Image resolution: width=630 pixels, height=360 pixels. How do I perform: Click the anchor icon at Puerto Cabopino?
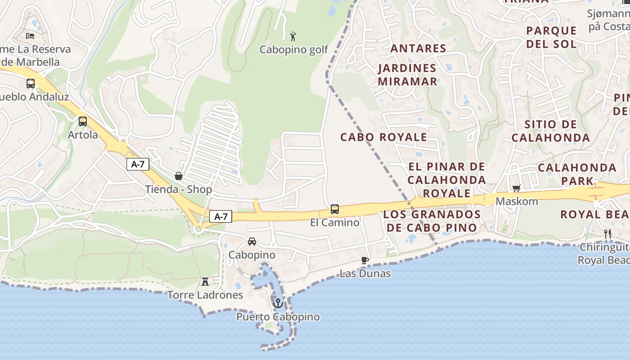[x=278, y=303]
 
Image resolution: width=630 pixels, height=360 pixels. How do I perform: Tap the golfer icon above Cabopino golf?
[x=293, y=36]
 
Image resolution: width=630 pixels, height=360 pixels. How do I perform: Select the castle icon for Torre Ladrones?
[x=205, y=282]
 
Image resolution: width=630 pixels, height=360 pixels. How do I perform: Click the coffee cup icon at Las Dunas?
[x=365, y=260]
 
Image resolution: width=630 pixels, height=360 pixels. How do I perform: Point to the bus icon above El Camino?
[x=335, y=209]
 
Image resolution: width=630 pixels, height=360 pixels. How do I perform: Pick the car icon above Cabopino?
[x=252, y=242]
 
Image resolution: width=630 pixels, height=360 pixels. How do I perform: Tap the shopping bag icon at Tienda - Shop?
[x=179, y=175]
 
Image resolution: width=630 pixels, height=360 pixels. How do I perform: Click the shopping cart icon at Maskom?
[x=516, y=188]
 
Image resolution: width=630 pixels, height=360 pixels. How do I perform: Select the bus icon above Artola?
[x=83, y=121]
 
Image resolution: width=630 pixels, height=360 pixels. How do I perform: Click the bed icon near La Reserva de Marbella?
[x=30, y=36]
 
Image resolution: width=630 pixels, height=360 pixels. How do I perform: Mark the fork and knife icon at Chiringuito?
[x=607, y=234]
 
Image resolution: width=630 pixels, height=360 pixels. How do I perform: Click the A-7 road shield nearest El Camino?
[x=220, y=216]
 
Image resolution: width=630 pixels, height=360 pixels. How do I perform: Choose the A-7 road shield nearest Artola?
[x=138, y=164]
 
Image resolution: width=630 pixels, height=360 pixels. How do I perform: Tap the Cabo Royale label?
[x=383, y=137]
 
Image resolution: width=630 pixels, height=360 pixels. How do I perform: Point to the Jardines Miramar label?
[x=407, y=75]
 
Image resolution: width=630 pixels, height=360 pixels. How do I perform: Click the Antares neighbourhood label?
[x=418, y=48]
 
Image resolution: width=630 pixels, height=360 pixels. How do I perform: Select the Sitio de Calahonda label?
[x=550, y=131]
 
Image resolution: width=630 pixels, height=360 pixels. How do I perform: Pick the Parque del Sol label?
[x=551, y=37]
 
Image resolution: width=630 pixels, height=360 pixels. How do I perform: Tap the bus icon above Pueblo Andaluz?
[x=31, y=84]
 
